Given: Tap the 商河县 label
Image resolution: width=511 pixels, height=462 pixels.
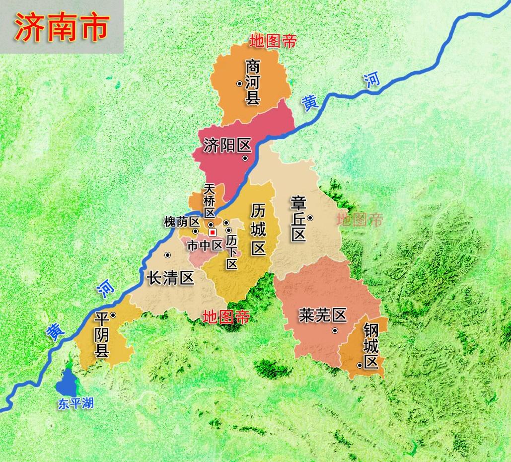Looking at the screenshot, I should point(253,82).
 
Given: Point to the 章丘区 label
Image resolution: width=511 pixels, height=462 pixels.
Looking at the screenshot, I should point(298,219).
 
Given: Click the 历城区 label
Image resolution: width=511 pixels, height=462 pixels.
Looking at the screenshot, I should point(258,229).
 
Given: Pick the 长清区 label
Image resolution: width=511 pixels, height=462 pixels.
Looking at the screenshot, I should point(170,278).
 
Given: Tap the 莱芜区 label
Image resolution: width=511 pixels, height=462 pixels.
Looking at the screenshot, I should point(322,315).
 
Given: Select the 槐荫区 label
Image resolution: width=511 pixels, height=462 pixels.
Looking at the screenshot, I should point(181,222).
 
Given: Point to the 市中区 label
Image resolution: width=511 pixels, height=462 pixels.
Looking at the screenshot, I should point(205,245).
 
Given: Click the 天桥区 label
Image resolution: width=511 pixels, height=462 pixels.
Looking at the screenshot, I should point(210,200).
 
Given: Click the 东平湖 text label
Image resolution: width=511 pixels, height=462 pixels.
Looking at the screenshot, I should point(75,403).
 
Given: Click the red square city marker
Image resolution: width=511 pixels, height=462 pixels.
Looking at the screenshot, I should point(213,232).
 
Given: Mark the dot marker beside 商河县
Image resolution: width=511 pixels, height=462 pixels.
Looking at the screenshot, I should point(239,83).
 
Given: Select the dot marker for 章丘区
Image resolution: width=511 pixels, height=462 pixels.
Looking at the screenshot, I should point(310,217).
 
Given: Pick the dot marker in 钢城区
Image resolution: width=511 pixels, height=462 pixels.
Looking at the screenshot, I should point(359,365).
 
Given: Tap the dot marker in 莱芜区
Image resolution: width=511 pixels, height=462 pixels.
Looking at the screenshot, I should point(335,330).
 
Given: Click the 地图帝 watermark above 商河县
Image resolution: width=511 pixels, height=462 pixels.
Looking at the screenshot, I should point(273,41).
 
